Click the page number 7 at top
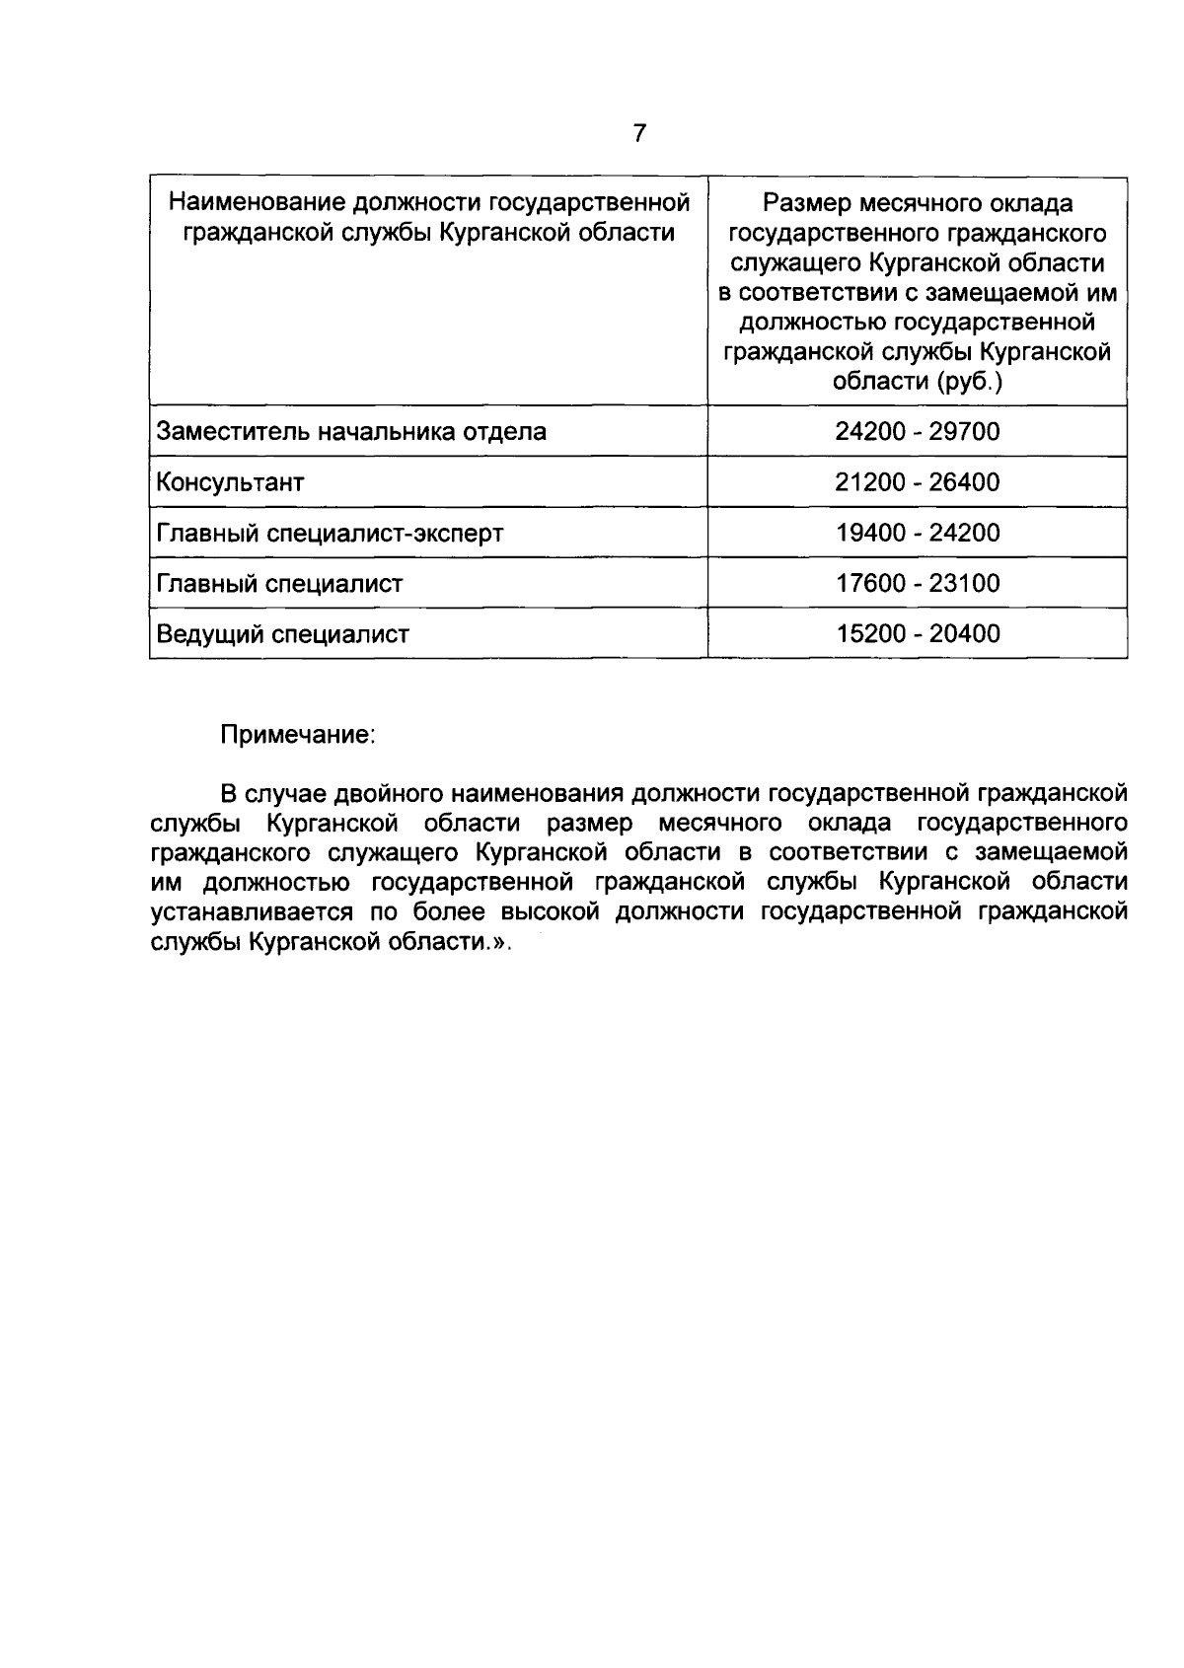(x=639, y=132)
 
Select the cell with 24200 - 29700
(x=917, y=432)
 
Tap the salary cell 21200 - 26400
(x=917, y=482)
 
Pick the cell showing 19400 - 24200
(x=917, y=533)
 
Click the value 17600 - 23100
(x=917, y=583)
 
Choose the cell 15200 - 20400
(x=917, y=633)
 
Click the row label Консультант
(x=231, y=482)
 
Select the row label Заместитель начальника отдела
(x=351, y=432)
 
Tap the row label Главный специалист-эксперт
(x=330, y=534)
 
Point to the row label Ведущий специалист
(x=282, y=634)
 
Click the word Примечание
(x=297, y=736)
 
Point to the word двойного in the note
(x=388, y=793)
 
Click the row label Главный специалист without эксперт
(x=280, y=584)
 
